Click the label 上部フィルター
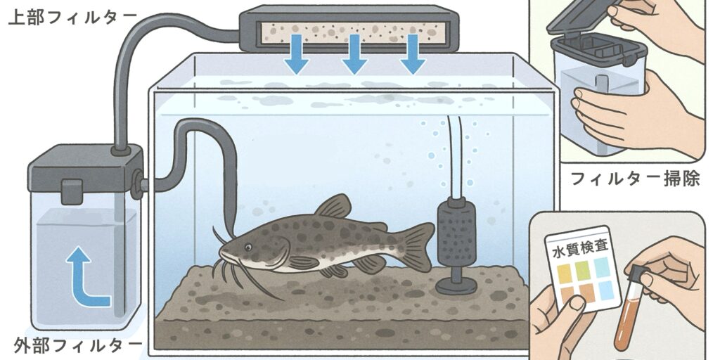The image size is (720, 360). click(72, 17)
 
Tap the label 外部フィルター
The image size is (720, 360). click(77, 345)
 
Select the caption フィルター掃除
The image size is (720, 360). click(635, 178)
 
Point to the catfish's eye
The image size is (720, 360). click(248, 247)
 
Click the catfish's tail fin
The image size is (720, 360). click(416, 245)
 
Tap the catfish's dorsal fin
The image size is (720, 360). click(333, 206)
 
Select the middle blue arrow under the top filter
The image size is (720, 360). click(354, 54)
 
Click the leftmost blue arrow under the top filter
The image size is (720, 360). click(296, 54)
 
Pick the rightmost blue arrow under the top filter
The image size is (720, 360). click(413, 54)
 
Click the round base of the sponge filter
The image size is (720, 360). click(456, 285)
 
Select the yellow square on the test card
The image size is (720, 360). click(565, 274)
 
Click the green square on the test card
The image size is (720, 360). click(583, 271)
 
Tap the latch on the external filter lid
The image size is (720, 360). click(72, 191)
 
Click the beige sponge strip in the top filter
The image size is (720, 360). click(354, 32)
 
